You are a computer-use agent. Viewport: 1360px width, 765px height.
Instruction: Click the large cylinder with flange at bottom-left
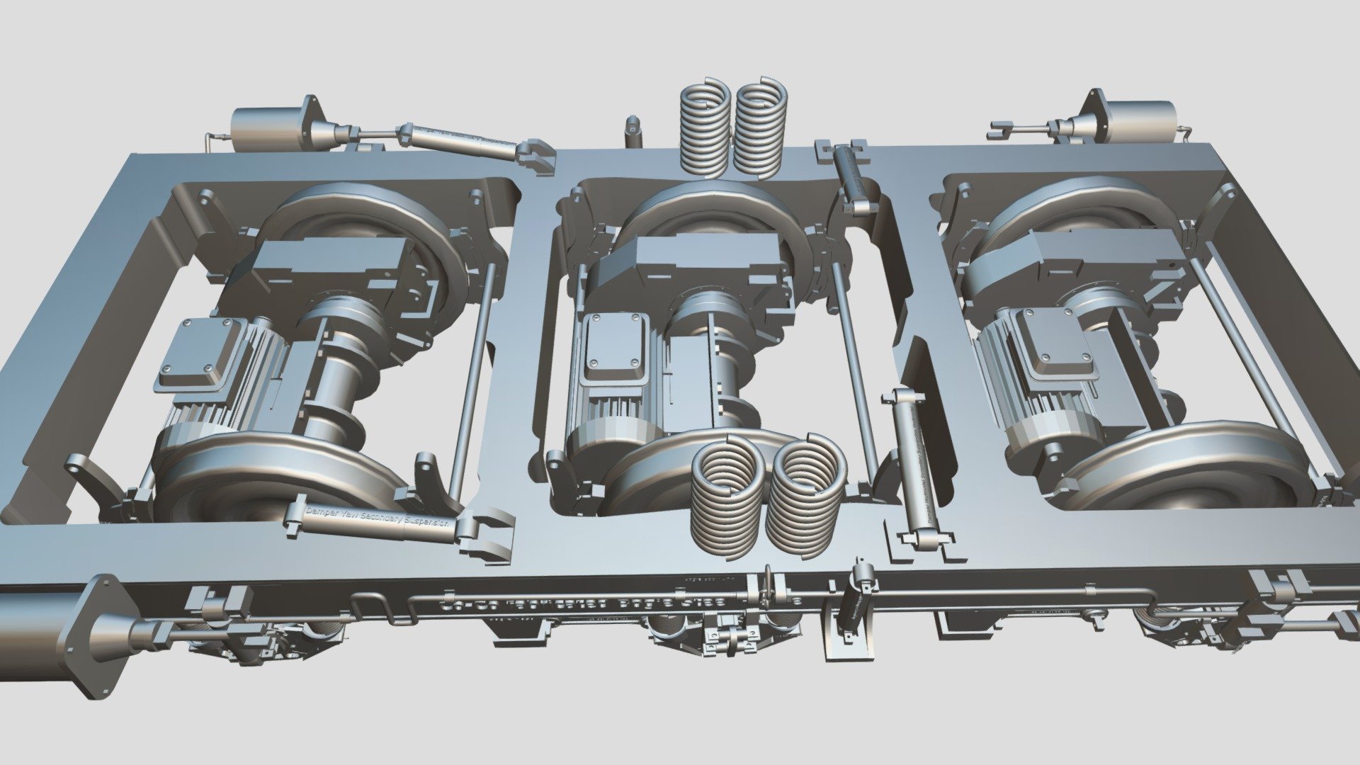click(42, 630)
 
